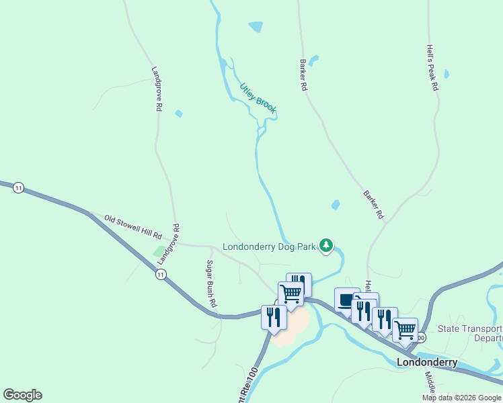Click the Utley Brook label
coord(258,98)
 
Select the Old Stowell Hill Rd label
coord(134,228)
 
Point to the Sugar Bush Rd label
coord(211,283)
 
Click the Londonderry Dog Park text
coord(269,247)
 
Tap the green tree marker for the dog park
coord(326,246)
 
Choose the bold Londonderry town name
coord(427,362)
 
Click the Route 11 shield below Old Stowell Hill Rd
coord(160,274)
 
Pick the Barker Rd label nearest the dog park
coord(373,204)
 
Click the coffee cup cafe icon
coord(347,300)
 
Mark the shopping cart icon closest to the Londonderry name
coord(405,330)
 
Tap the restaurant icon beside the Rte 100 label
coord(274,316)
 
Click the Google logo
coord(22,395)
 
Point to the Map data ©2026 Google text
coord(461,398)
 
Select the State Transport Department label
coord(470,334)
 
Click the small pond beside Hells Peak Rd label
coord(447,74)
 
